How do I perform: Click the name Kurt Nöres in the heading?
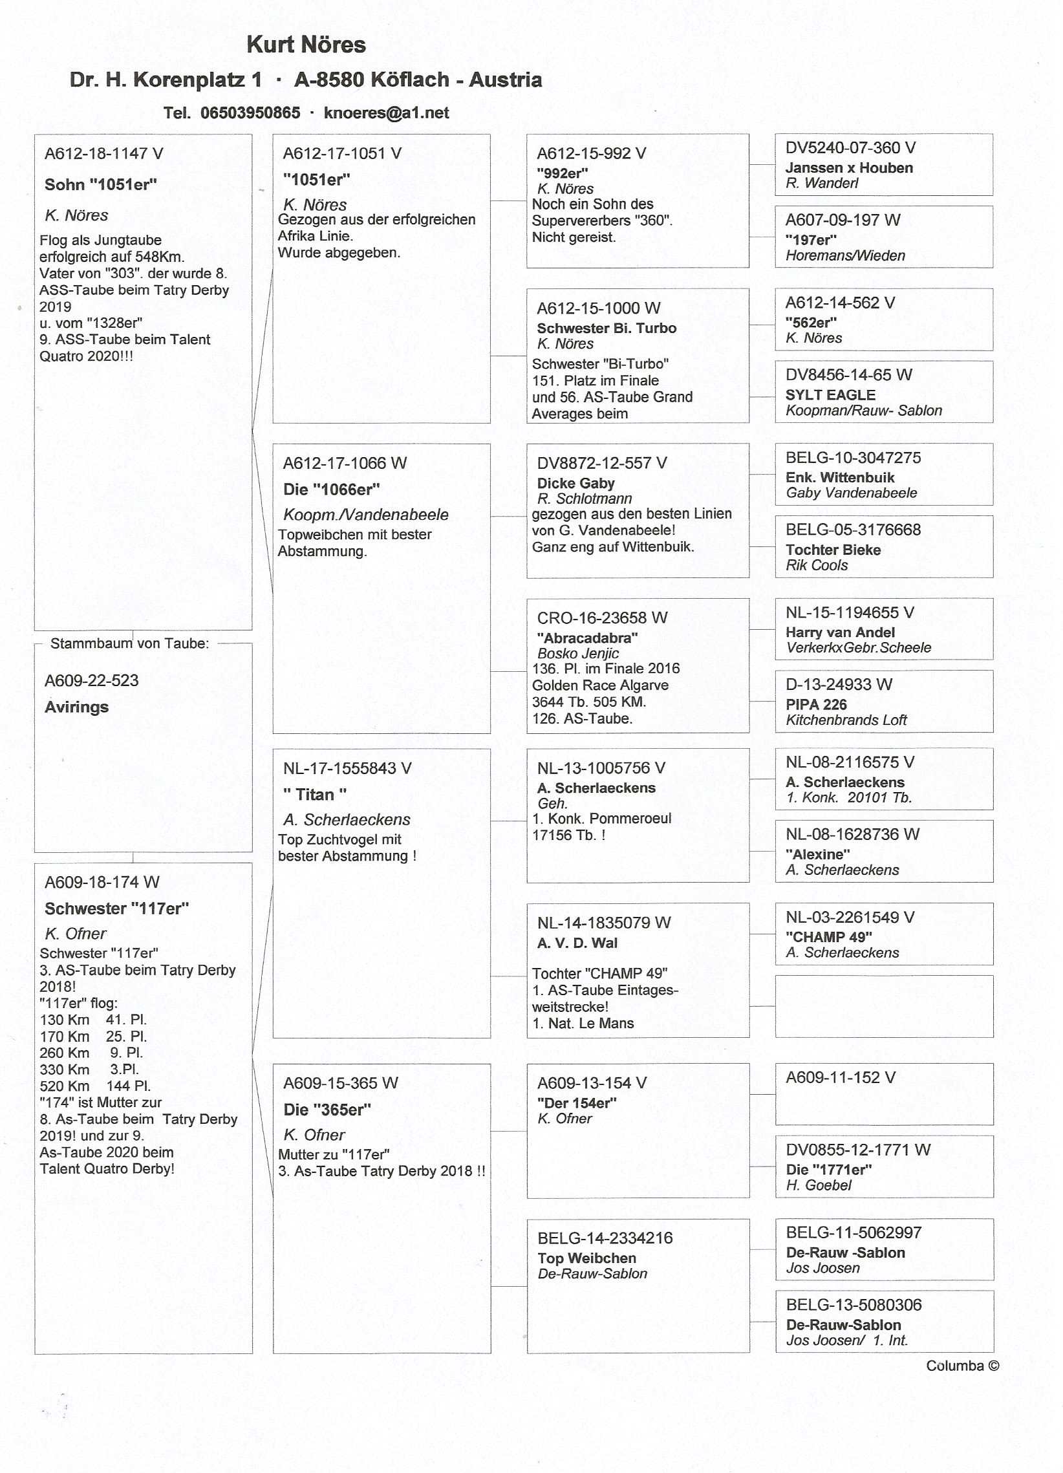pyautogui.click(x=306, y=45)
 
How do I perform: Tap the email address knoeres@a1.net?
pyautogui.click(x=386, y=113)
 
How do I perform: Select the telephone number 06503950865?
pyautogui.click(x=250, y=113)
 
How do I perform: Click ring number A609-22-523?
pyautogui.click(x=92, y=681)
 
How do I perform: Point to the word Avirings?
pyautogui.click(x=77, y=707)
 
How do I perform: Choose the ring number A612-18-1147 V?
pyautogui.click(x=104, y=154)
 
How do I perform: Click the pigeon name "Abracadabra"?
pyautogui.click(x=587, y=638)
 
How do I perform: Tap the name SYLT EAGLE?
pyautogui.click(x=830, y=395)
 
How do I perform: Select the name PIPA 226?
pyautogui.click(x=815, y=705)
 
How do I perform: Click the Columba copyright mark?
pyautogui.click(x=962, y=1366)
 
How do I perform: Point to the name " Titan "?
pyautogui.click(x=315, y=794)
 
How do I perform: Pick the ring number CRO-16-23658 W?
pyautogui.click(x=602, y=618)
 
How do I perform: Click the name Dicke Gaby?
pyautogui.click(x=575, y=483)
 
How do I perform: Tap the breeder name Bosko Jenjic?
pyautogui.click(x=578, y=653)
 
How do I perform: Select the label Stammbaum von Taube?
pyautogui.click(x=130, y=643)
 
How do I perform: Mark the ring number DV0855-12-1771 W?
pyautogui.click(x=858, y=1150)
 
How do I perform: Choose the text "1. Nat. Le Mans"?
pyautogui.click(x=583, y=1024)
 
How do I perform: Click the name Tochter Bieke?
pyautogui.click(x=833, y=550)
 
